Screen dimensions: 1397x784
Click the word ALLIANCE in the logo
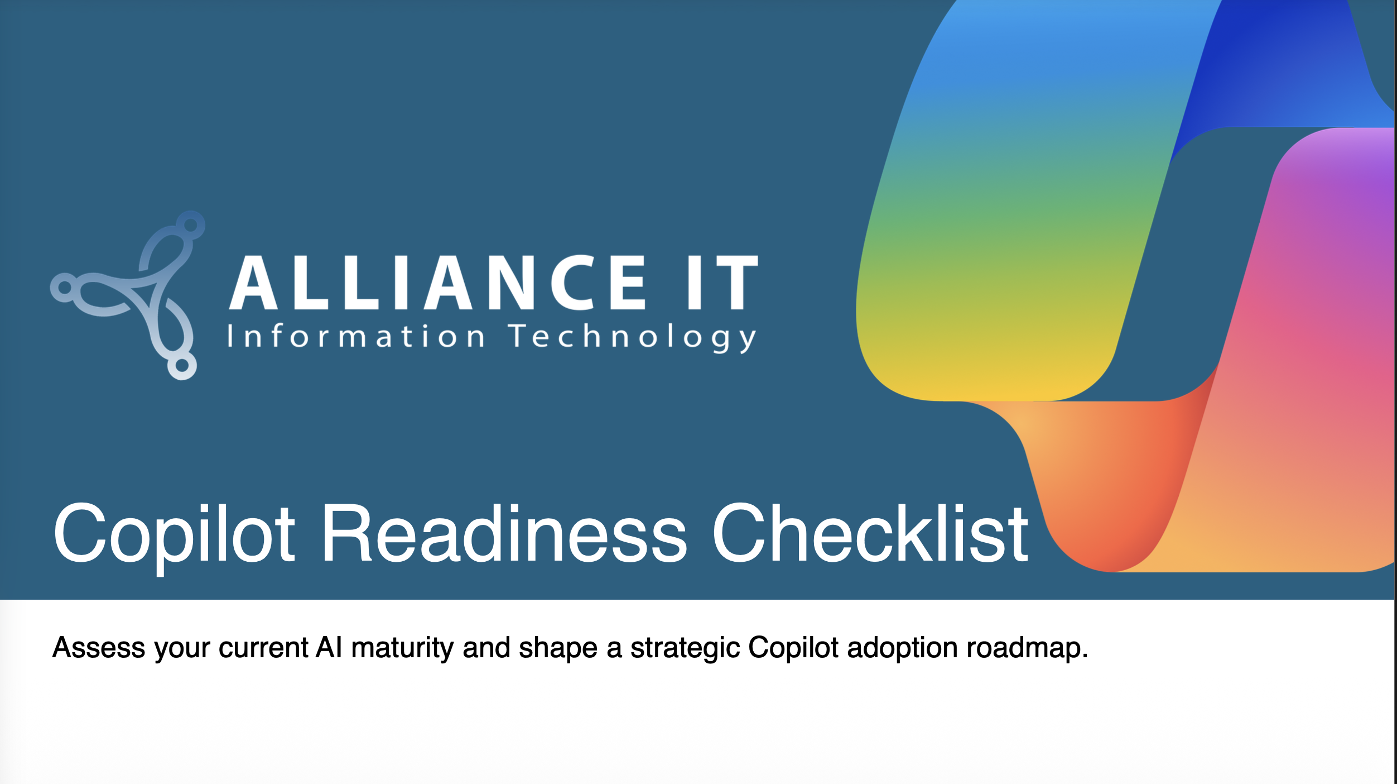[x=437, y=282]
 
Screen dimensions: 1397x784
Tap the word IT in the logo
[x=722, y=282]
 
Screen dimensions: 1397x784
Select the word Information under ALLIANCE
[x=356, y=336]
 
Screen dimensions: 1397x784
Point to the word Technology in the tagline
[x=633, y=337]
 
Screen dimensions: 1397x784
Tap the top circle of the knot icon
[x=191, y=225]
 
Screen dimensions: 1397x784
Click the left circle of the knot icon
[x=65, y=288]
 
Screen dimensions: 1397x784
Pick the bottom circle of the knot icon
[x=182, y=366]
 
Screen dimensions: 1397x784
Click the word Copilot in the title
[x=174, y=534]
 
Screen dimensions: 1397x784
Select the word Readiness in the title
[x=504, y=533]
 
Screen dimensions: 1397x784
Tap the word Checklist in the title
[x=870, y=533]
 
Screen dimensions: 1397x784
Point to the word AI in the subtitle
[x=329, y=647]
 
